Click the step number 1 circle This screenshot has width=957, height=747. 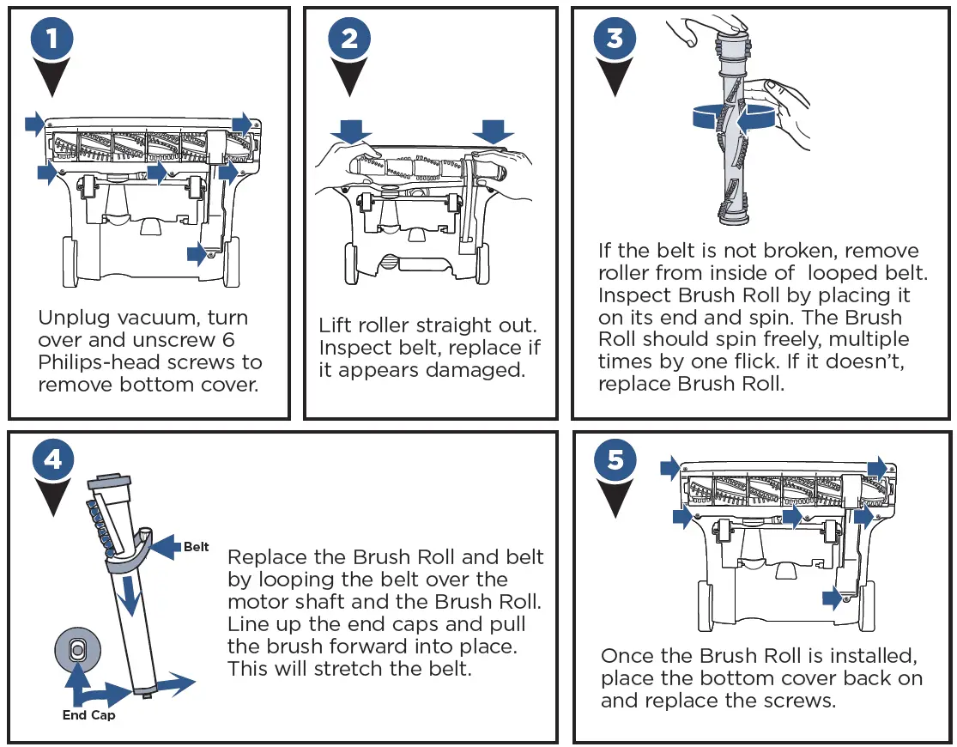click(x=51, y=38)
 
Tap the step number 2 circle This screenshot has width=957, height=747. click(x=348, y=38)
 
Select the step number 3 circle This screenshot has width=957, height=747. click(x=615, y=38)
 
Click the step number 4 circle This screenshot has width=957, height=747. click(x=52, y=459)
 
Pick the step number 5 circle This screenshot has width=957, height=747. click(x=615, y=459)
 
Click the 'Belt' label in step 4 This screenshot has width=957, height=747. click(x=196, y=547)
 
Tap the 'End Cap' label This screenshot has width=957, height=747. click(x=88, y=714)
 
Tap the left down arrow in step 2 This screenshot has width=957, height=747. click(x=350, y=131)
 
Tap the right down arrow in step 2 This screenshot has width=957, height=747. click(x=493, y=131)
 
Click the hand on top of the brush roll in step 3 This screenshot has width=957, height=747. click(x=694, y=30)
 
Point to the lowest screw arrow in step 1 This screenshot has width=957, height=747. click(x=198, y=252)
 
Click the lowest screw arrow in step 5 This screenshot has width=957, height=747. click(x=832, y=598)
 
